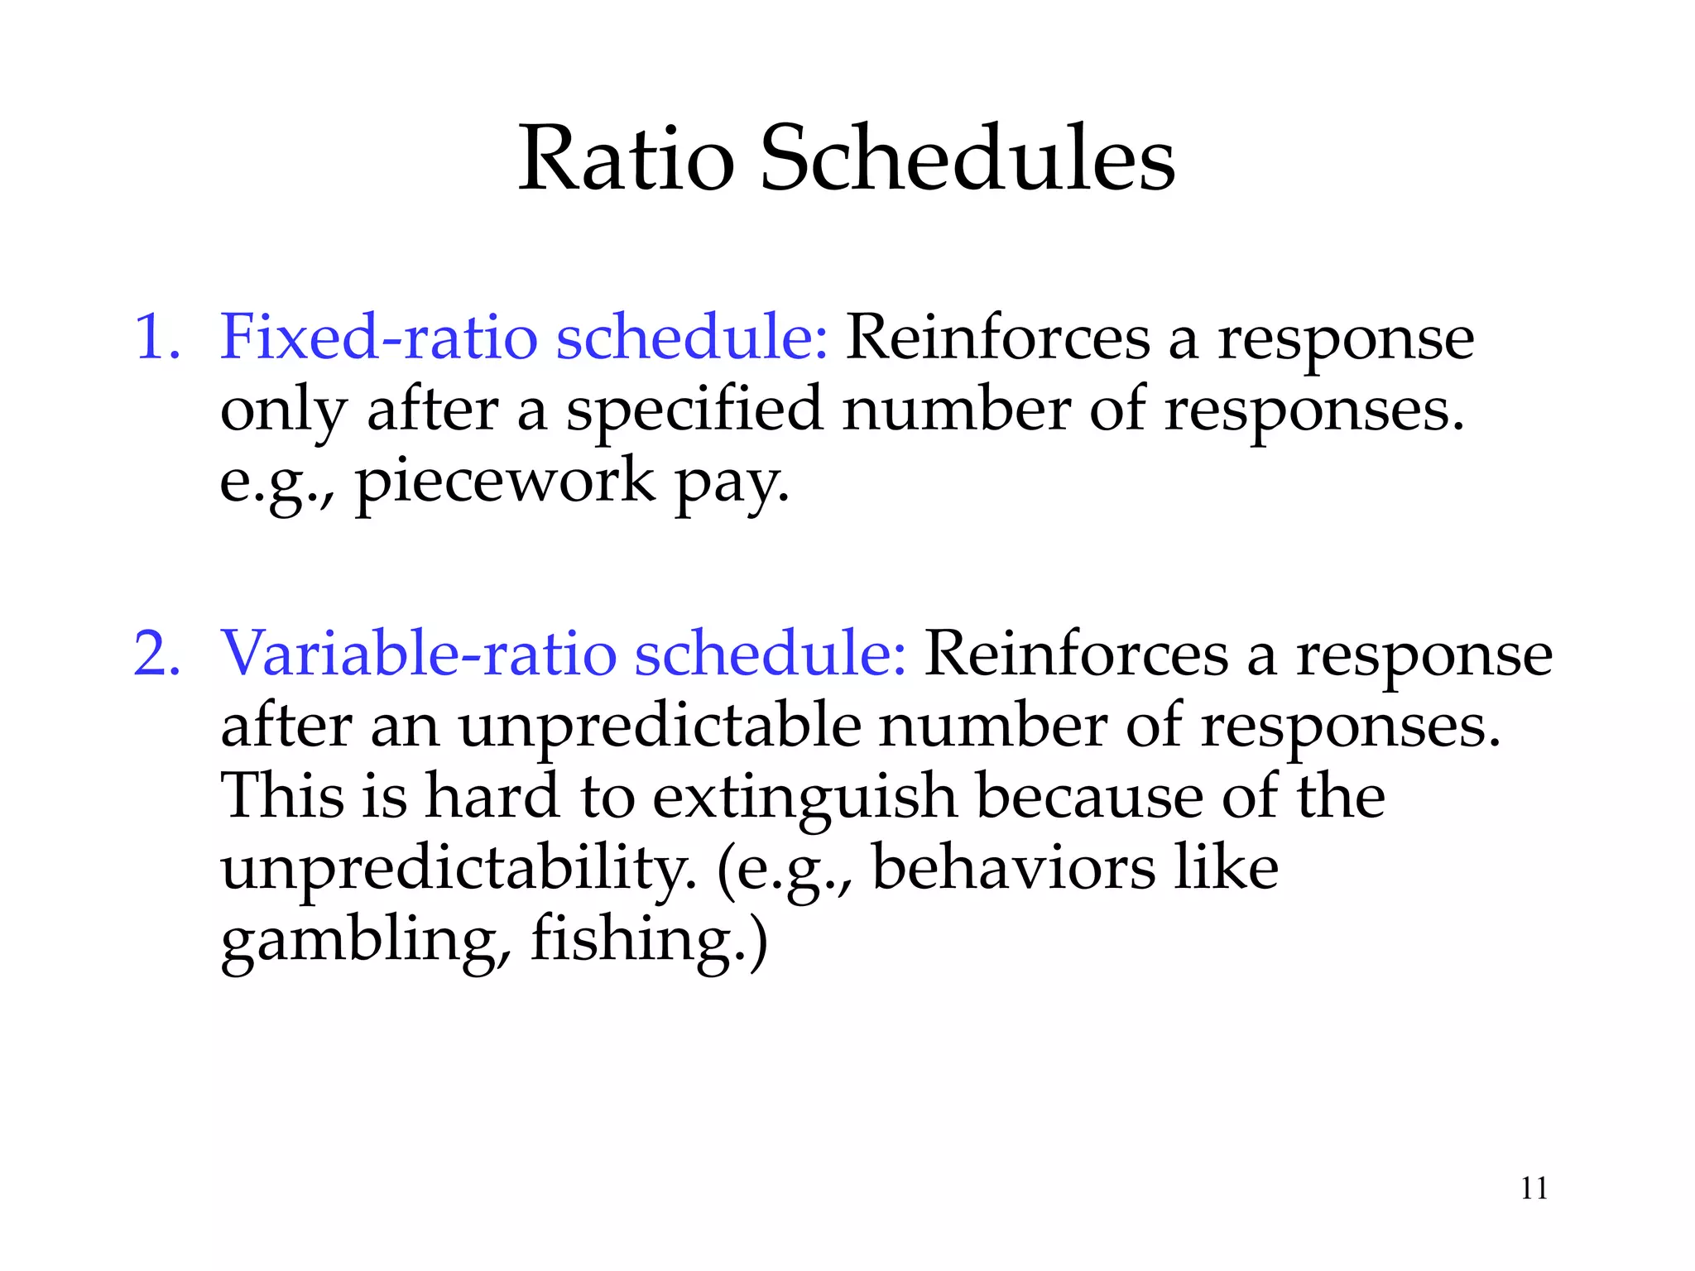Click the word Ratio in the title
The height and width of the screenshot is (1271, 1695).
click(x=626, y=159)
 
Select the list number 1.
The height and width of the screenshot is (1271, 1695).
click(x=156, y=338)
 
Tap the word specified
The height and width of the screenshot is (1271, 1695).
click(x=694, y=410)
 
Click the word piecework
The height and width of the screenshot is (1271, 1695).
click(x=505, y=482)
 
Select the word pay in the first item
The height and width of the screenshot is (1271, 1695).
click(x=732, y=485)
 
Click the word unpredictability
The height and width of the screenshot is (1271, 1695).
click(x=459, y=869)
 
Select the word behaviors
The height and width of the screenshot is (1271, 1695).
click(x=1013, y=869)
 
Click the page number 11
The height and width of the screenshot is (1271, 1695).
click(x=1534, y=1188)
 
